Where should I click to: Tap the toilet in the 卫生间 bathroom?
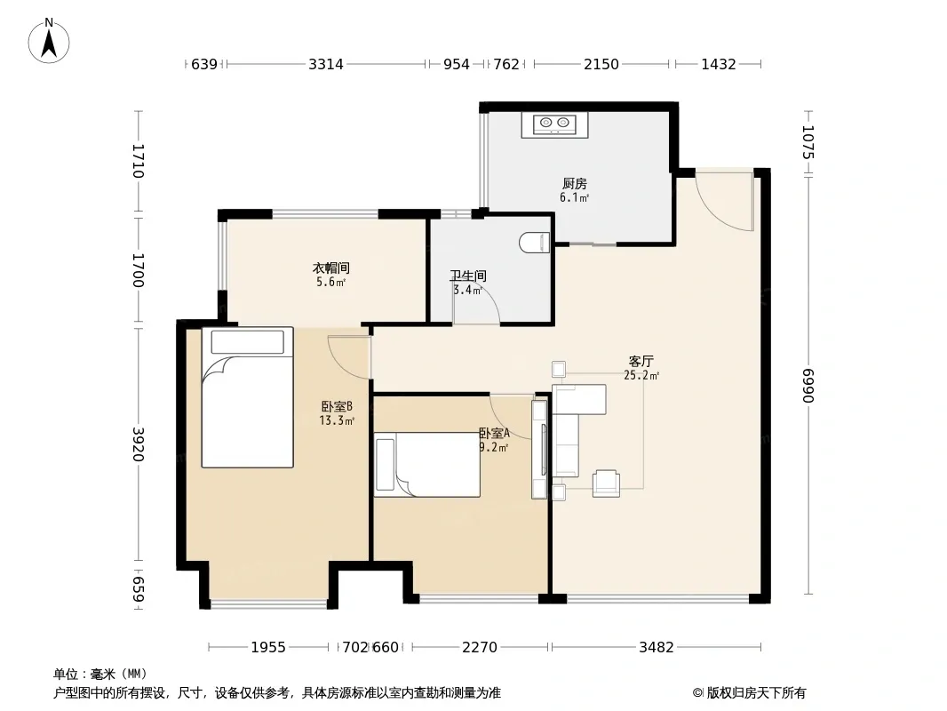(535, 243)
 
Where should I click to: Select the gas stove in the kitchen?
(554, 125)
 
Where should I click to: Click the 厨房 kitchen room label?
(575, 183)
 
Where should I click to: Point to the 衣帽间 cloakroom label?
(331, 268)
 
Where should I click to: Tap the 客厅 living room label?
(641, 361)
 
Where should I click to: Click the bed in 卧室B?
(248, 397)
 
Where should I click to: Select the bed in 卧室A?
(427, 465)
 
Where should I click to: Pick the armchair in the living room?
(606, 483)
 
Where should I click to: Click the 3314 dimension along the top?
(325, 64)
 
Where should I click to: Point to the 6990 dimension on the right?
(808, 385)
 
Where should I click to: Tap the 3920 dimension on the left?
(139, 444)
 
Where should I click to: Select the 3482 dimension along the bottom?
(656, 647)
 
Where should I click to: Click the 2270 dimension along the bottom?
(480, 647)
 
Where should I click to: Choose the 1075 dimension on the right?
(808, 142)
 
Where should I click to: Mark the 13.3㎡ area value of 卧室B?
(337, 420)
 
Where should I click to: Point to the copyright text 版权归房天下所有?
(755, 693)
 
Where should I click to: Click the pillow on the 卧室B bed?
(248, 342)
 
